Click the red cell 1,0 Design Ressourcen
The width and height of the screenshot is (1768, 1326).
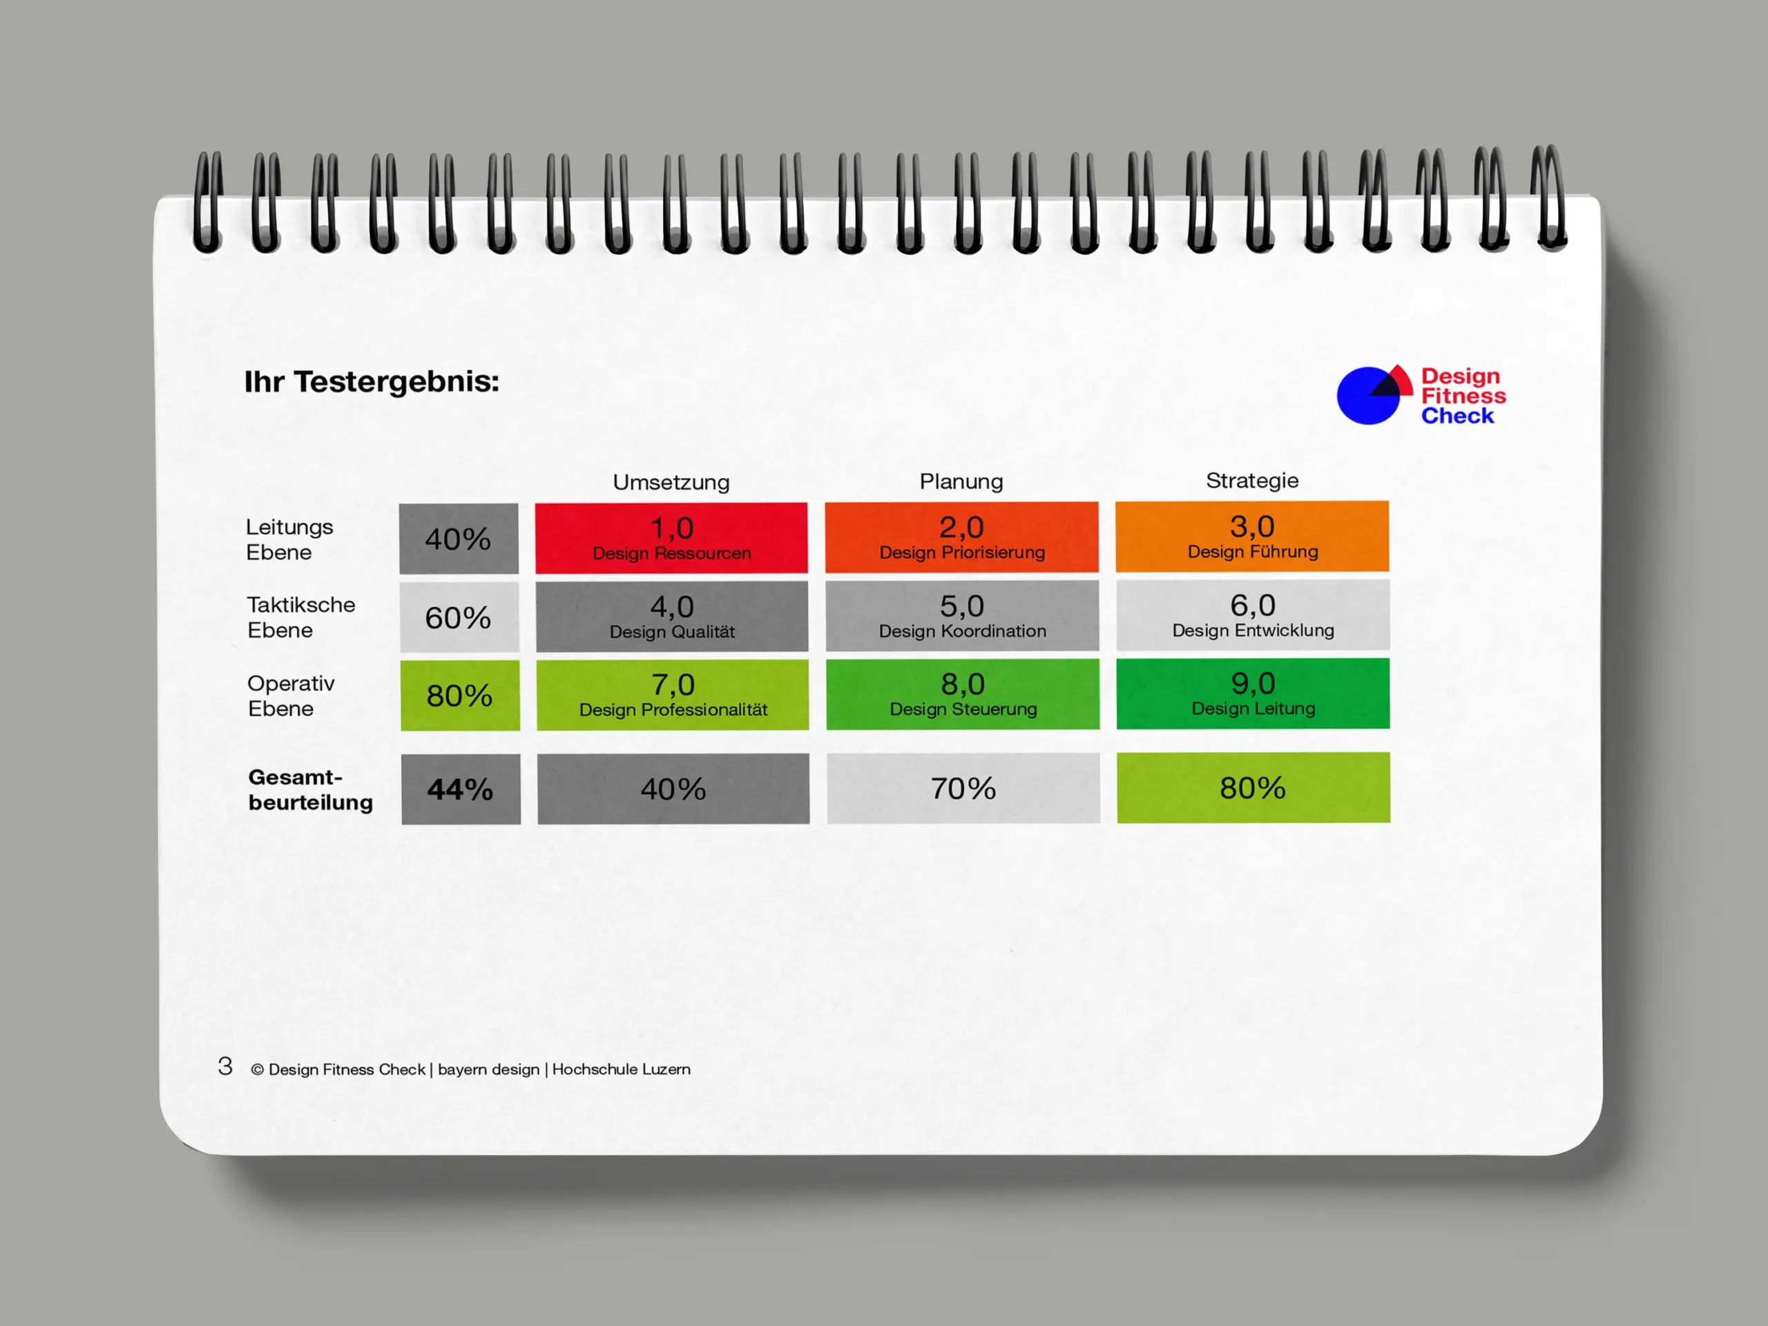pos(671,538)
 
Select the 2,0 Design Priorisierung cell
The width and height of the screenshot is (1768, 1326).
pos(961,537)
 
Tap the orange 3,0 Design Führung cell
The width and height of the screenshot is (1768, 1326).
pos(1251,537)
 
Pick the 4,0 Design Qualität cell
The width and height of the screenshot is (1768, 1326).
pos(671,616)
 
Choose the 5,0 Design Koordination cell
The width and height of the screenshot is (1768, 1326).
pos(962,615)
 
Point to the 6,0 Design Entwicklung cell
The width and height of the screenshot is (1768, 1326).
pos(1253,615)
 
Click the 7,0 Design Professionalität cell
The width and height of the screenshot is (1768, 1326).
pos(672,695)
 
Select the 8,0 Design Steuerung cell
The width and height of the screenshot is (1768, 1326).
pos(963,694)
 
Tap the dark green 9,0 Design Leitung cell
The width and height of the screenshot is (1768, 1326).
pos(1253,693)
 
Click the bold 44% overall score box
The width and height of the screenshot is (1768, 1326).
pos(461,789)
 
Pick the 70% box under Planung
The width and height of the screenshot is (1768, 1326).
pos(963,788)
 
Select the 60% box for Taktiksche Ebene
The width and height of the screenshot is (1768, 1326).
pos(459,617)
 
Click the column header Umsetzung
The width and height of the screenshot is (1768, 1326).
pos(671,482)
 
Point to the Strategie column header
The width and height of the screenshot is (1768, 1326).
pos(1251,481)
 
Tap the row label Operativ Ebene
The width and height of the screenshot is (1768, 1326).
pos(291,695)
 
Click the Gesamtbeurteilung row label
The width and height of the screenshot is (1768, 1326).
pos(310,789)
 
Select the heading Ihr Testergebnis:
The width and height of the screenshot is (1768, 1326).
pos(372,381)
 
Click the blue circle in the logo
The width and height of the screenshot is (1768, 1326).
pos(1363,397)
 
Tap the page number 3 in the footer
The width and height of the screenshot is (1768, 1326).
pos(225,1066)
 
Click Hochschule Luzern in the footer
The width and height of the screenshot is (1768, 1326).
pos(621,1069)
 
